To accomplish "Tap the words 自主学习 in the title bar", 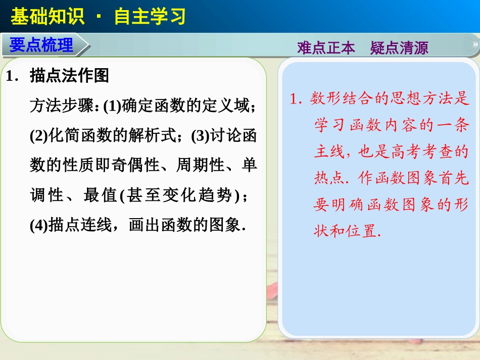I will coord(150,17).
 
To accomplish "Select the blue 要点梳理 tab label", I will coord(41,45).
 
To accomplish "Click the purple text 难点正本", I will coord(326,48).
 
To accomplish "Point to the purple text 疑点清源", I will coord(399,48).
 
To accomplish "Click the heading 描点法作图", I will coord(70,76).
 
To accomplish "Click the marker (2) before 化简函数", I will coord(39,136).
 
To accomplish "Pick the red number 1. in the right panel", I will coord(297,99).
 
